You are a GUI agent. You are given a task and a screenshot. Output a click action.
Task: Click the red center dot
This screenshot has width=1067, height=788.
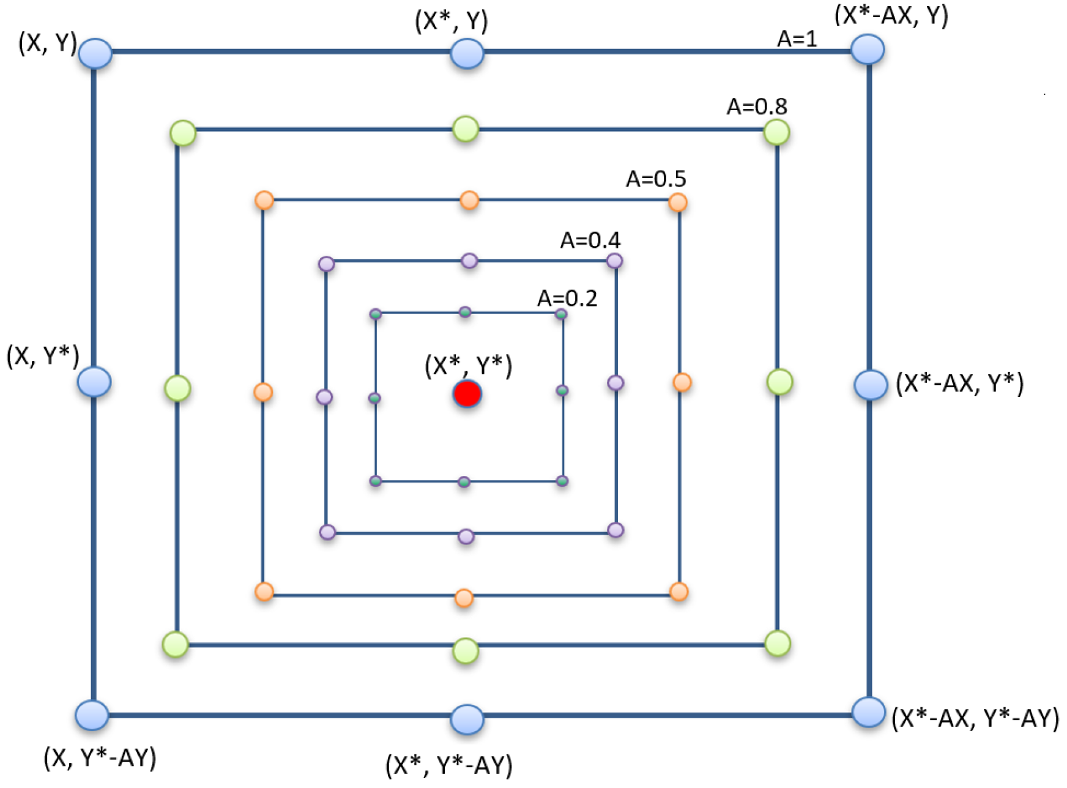[467, 394]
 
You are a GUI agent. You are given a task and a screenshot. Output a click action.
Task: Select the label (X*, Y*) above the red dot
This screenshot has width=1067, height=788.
[468, 365]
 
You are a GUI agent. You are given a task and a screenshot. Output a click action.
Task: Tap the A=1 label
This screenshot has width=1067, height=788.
[797, 39]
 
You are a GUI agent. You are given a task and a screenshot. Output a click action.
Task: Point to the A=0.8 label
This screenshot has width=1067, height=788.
[756, 106]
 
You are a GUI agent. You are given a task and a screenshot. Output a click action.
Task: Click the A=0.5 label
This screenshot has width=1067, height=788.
[655, 179]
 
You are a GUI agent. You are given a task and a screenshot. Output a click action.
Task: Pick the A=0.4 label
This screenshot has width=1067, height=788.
[590, 240]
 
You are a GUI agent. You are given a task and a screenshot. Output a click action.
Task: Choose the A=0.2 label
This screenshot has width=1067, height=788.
[567, 298]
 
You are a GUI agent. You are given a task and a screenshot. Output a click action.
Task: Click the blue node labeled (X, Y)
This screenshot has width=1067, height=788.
[95, 53]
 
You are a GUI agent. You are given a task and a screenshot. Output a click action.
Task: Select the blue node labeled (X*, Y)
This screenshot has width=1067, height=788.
[467, 53]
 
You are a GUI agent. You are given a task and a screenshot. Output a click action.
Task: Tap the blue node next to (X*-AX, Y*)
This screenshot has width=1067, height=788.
[870, 385]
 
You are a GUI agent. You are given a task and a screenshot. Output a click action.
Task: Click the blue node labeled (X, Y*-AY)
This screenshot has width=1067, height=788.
[92, 715]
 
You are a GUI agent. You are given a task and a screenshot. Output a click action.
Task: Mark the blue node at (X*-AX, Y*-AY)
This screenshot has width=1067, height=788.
[868, 712]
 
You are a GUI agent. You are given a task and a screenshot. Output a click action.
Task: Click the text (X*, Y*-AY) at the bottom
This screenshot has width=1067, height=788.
[448, 765]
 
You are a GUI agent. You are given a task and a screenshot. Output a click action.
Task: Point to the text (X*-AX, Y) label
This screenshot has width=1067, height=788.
[891, 15]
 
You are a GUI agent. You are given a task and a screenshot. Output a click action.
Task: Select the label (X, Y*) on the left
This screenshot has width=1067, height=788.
[43, 355]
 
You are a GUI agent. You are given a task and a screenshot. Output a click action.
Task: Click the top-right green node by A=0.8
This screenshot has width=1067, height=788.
[776, 132]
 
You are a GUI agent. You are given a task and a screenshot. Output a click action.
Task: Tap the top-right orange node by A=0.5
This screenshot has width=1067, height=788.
[677, 202]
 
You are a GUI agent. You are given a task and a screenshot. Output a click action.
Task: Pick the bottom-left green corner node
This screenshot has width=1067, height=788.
[176, 645]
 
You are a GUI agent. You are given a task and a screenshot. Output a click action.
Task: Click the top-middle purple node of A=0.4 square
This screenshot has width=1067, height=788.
[469, 261]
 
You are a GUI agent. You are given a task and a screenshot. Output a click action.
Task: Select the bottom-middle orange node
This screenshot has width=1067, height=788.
[464, 598]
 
